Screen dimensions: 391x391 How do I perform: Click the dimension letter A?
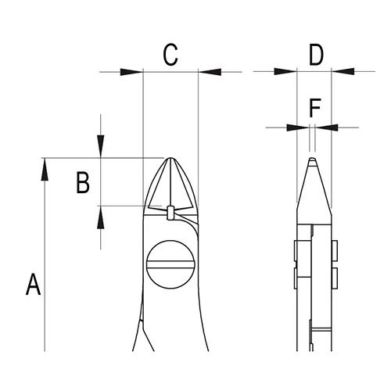[x=33, y=284]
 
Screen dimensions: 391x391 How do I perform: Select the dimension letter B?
[x=83, y=182]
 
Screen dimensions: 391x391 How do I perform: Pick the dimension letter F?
[x=314, y=109]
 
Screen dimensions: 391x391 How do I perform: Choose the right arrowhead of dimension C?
[x=210, y=72]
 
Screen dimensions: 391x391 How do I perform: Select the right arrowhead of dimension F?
[x=327, y=127]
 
